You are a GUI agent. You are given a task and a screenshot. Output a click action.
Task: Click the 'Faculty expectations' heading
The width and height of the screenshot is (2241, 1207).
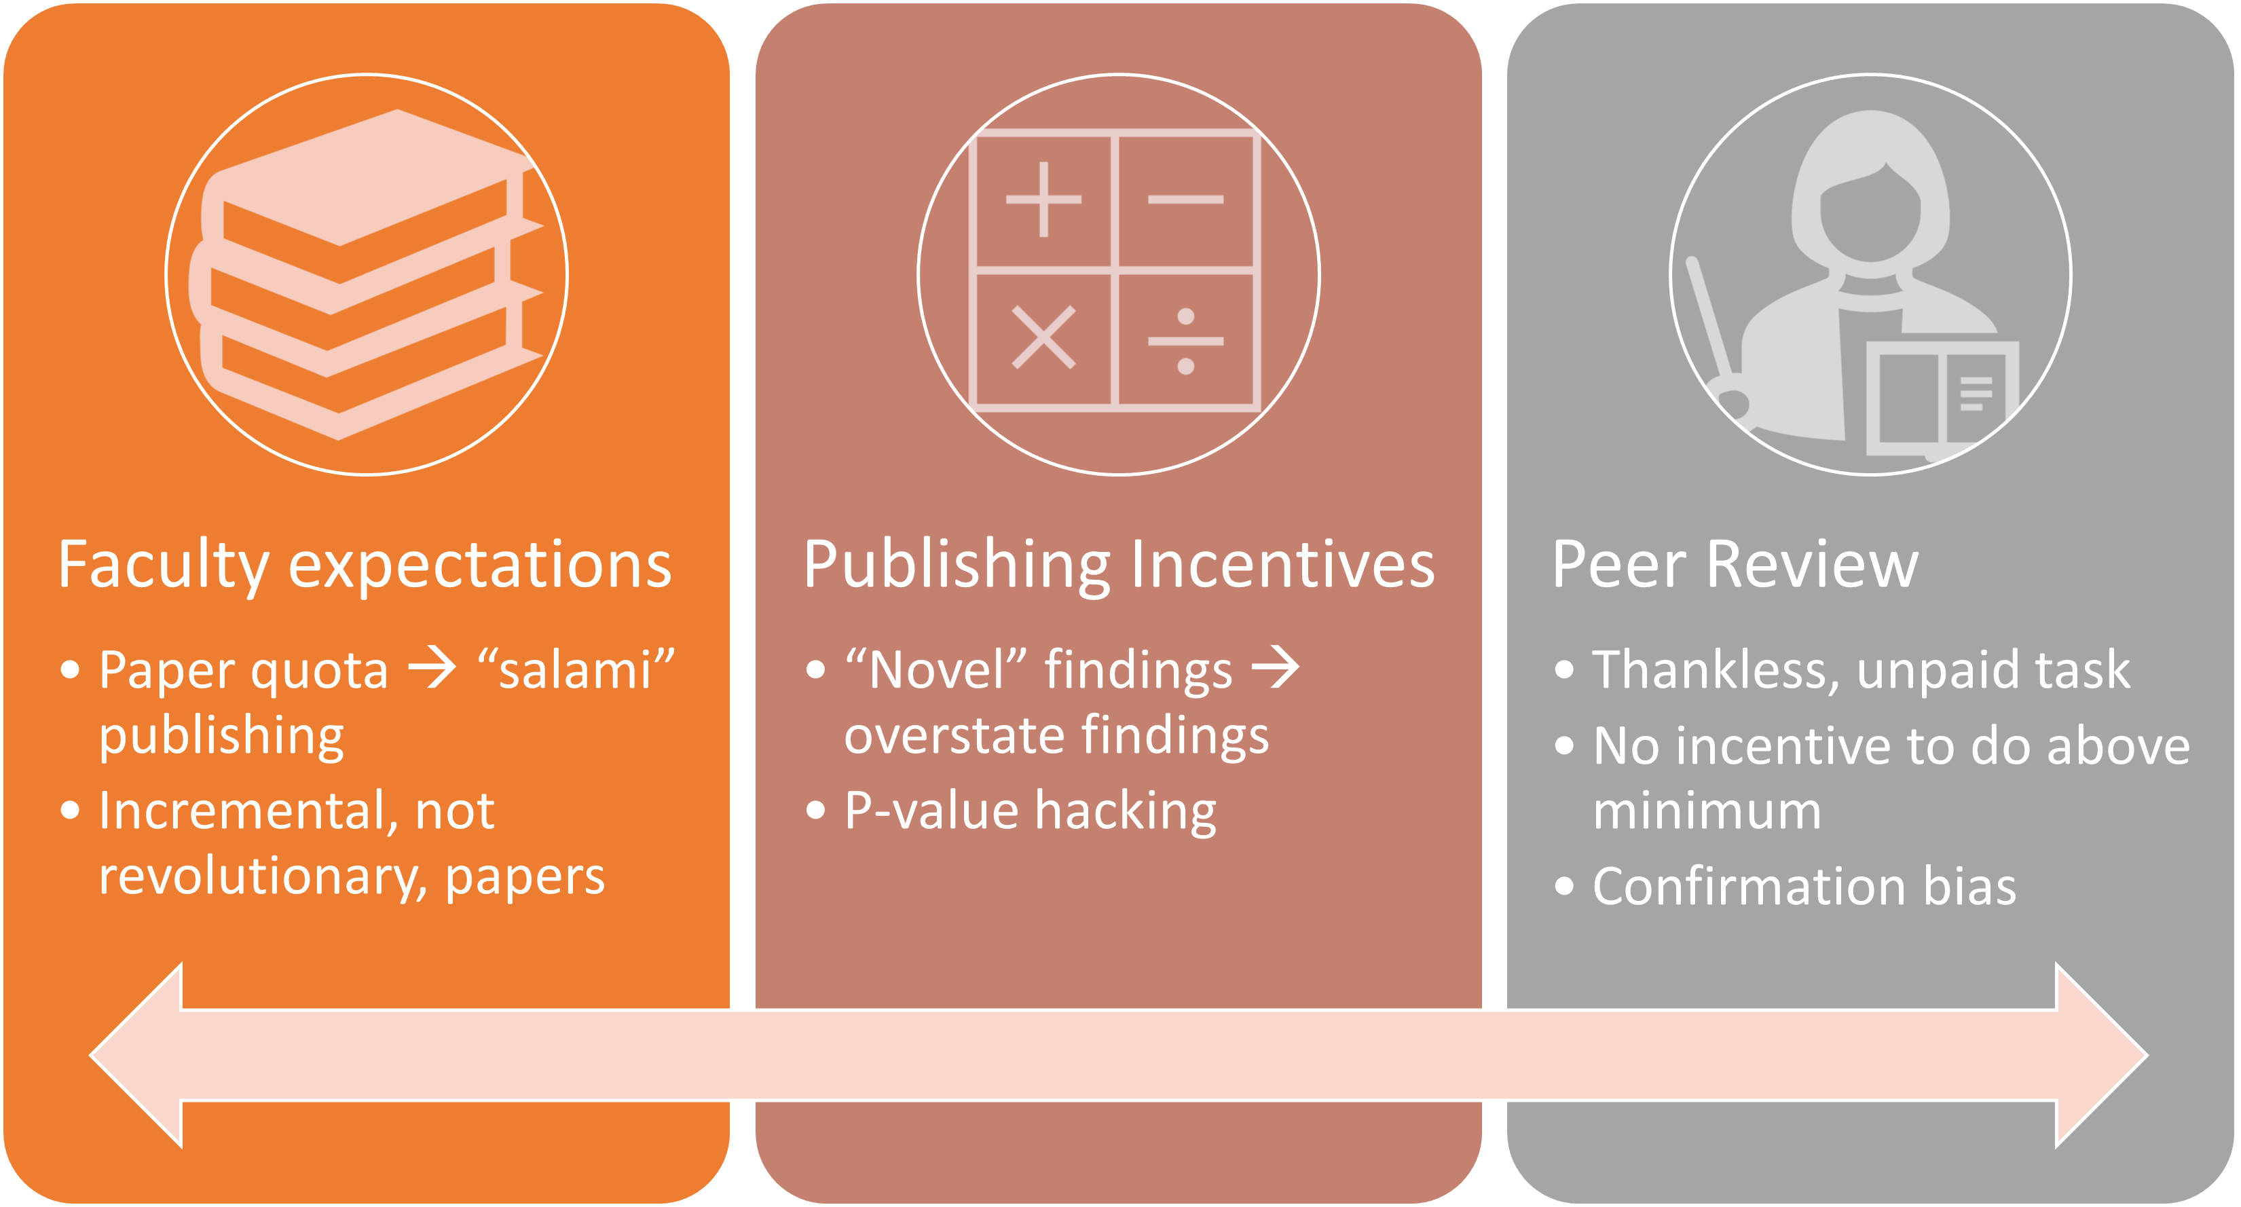tap(365, 565)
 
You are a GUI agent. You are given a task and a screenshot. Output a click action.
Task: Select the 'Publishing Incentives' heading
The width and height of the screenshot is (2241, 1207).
tap(1118, 565)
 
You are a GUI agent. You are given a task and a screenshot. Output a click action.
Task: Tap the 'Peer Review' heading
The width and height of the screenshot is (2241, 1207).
tap(1735, 565)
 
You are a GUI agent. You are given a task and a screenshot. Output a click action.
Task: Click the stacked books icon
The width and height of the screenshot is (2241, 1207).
tap(365, 274)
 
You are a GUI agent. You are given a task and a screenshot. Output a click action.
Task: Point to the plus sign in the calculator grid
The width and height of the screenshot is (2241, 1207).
tap(1043, 200)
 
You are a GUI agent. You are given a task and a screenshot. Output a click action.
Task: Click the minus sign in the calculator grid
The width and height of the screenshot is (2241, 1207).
tap(1186, 200)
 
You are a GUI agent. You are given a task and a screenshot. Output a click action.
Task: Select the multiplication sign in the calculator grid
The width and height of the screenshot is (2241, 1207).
tap(1043, 337)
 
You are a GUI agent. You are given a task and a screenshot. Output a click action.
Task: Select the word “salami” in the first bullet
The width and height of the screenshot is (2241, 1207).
tap(576, 670)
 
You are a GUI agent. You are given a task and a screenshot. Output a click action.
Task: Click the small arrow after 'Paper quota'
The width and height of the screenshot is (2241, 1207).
tap(432, 669)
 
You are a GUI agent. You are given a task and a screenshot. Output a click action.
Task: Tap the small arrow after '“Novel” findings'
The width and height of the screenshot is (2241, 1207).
tap(1276, 669)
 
